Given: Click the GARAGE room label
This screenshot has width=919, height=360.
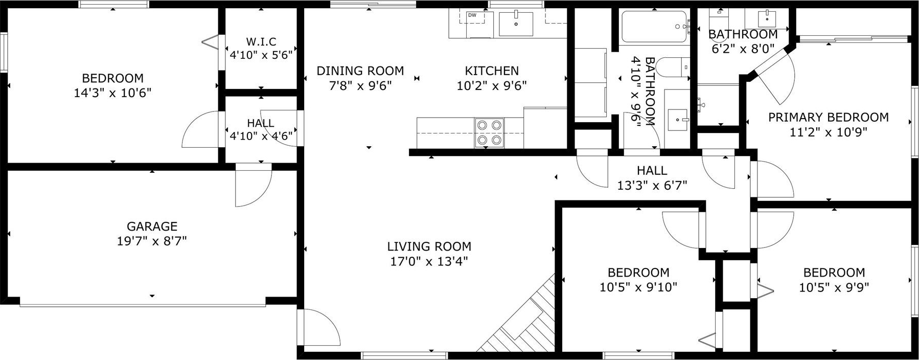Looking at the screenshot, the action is tap(152, 226).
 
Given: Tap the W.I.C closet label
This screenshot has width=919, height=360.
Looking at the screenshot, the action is tap(261, 41).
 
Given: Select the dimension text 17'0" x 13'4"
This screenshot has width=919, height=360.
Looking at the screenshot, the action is tap(429, 261).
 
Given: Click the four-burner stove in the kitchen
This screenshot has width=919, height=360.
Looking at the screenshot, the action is tap(489, 132).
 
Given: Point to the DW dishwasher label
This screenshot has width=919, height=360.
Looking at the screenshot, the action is tap(472, 15).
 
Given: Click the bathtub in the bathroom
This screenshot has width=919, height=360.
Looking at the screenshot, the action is tap(654, 27).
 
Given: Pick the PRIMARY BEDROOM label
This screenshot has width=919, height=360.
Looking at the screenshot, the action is tap(829, 117).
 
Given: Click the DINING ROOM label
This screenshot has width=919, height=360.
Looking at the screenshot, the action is tap(360, 71).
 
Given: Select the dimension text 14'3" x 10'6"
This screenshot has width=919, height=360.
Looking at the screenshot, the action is tap(113, 93).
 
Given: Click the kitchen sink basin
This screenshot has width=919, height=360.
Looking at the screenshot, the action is tap(516, 24).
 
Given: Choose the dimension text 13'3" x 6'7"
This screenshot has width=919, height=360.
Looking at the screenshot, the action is tap(652, 185).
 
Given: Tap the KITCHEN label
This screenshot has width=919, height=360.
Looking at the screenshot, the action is tap(492, 71).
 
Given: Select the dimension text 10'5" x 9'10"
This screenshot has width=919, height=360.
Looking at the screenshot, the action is tap(638, 287).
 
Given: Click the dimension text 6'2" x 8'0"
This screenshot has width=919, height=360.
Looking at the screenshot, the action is tap(743, 49).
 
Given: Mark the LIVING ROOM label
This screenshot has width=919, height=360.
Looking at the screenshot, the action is tap(429, 246).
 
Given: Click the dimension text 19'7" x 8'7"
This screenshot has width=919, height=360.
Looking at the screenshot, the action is tap(152, 241).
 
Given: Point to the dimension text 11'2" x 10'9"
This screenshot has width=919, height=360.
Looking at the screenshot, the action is tap(829, 132).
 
